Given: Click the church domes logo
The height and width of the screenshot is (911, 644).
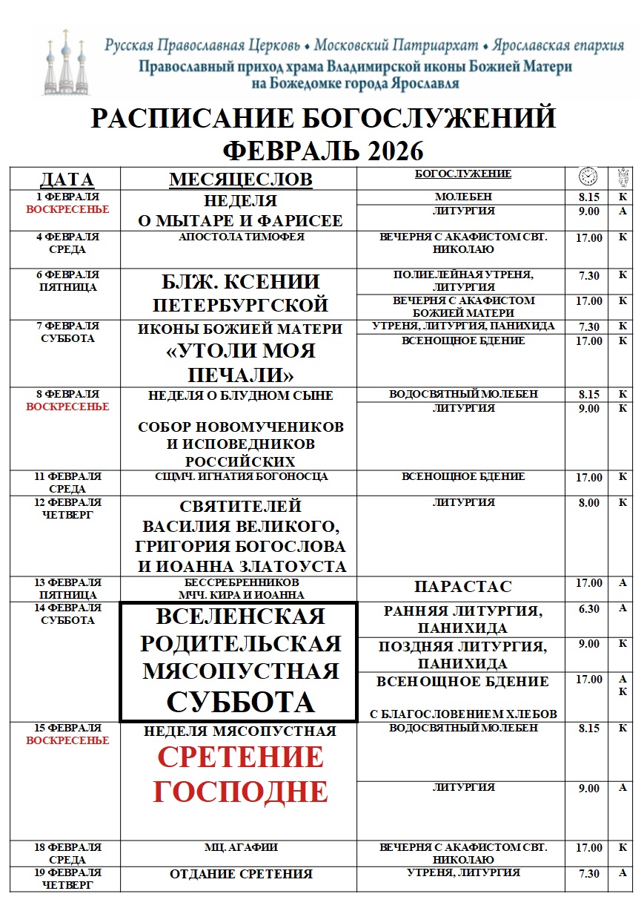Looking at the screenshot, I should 64,63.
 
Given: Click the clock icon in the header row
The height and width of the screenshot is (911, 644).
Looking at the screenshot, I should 588,177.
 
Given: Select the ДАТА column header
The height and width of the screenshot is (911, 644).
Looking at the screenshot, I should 66,180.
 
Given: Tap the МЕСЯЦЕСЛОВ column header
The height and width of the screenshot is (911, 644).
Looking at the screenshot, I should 240,180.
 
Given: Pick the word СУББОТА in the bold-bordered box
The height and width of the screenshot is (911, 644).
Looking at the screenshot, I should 240,702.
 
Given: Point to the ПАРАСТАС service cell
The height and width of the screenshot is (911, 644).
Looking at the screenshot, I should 462,587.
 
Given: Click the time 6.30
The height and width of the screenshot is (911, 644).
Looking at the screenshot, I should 588,608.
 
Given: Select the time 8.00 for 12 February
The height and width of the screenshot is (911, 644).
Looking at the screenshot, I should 588,503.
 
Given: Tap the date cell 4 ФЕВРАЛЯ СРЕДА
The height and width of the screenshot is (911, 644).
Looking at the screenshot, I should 67,243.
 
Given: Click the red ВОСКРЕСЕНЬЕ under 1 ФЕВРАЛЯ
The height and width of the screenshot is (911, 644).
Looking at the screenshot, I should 67,209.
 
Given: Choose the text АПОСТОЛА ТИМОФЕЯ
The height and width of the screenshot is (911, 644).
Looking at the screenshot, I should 241,237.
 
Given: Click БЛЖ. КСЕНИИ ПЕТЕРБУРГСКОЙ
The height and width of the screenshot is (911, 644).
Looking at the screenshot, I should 240,293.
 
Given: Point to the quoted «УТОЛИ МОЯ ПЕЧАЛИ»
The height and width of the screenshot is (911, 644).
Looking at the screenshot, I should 240,361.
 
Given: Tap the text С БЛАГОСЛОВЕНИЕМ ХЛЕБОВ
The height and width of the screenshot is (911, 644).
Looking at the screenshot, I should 463,714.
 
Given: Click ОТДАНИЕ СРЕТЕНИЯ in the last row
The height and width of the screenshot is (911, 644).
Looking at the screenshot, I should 241,874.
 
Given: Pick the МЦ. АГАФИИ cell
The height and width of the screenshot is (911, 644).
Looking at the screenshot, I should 241,847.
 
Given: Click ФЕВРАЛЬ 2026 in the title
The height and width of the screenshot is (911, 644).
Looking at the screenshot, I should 323,151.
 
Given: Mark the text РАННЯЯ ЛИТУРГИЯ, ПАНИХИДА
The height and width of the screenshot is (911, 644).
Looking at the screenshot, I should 462,619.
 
